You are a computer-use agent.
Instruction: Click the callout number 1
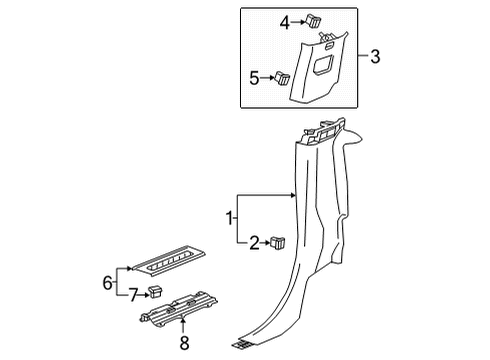pyautogui.click(x=229, y=218)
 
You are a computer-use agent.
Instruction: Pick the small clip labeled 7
pyautogui.click(x=155, y=292)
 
